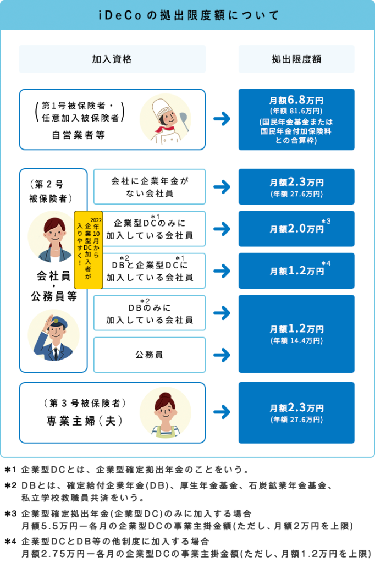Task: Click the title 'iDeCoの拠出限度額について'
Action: [189, 15]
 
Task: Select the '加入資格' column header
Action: [112, 59]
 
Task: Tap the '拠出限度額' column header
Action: [296, 59]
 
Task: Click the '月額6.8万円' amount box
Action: [296, 119]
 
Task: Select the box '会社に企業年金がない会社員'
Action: [150, 187]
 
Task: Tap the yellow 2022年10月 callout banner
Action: [89, 250]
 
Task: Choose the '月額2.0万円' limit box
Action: [296, 229]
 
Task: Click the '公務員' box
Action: [150, 355]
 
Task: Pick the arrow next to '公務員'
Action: [222, 355]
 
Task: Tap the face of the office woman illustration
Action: [55, 235]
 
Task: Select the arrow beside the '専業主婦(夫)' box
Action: [222, 412]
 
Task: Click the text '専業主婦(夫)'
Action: [85, 421]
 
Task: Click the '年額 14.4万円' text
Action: [297, 340]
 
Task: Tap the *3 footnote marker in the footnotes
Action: [10, 514]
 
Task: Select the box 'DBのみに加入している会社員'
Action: [150, 313]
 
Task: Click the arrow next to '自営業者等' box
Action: [222, 119]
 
